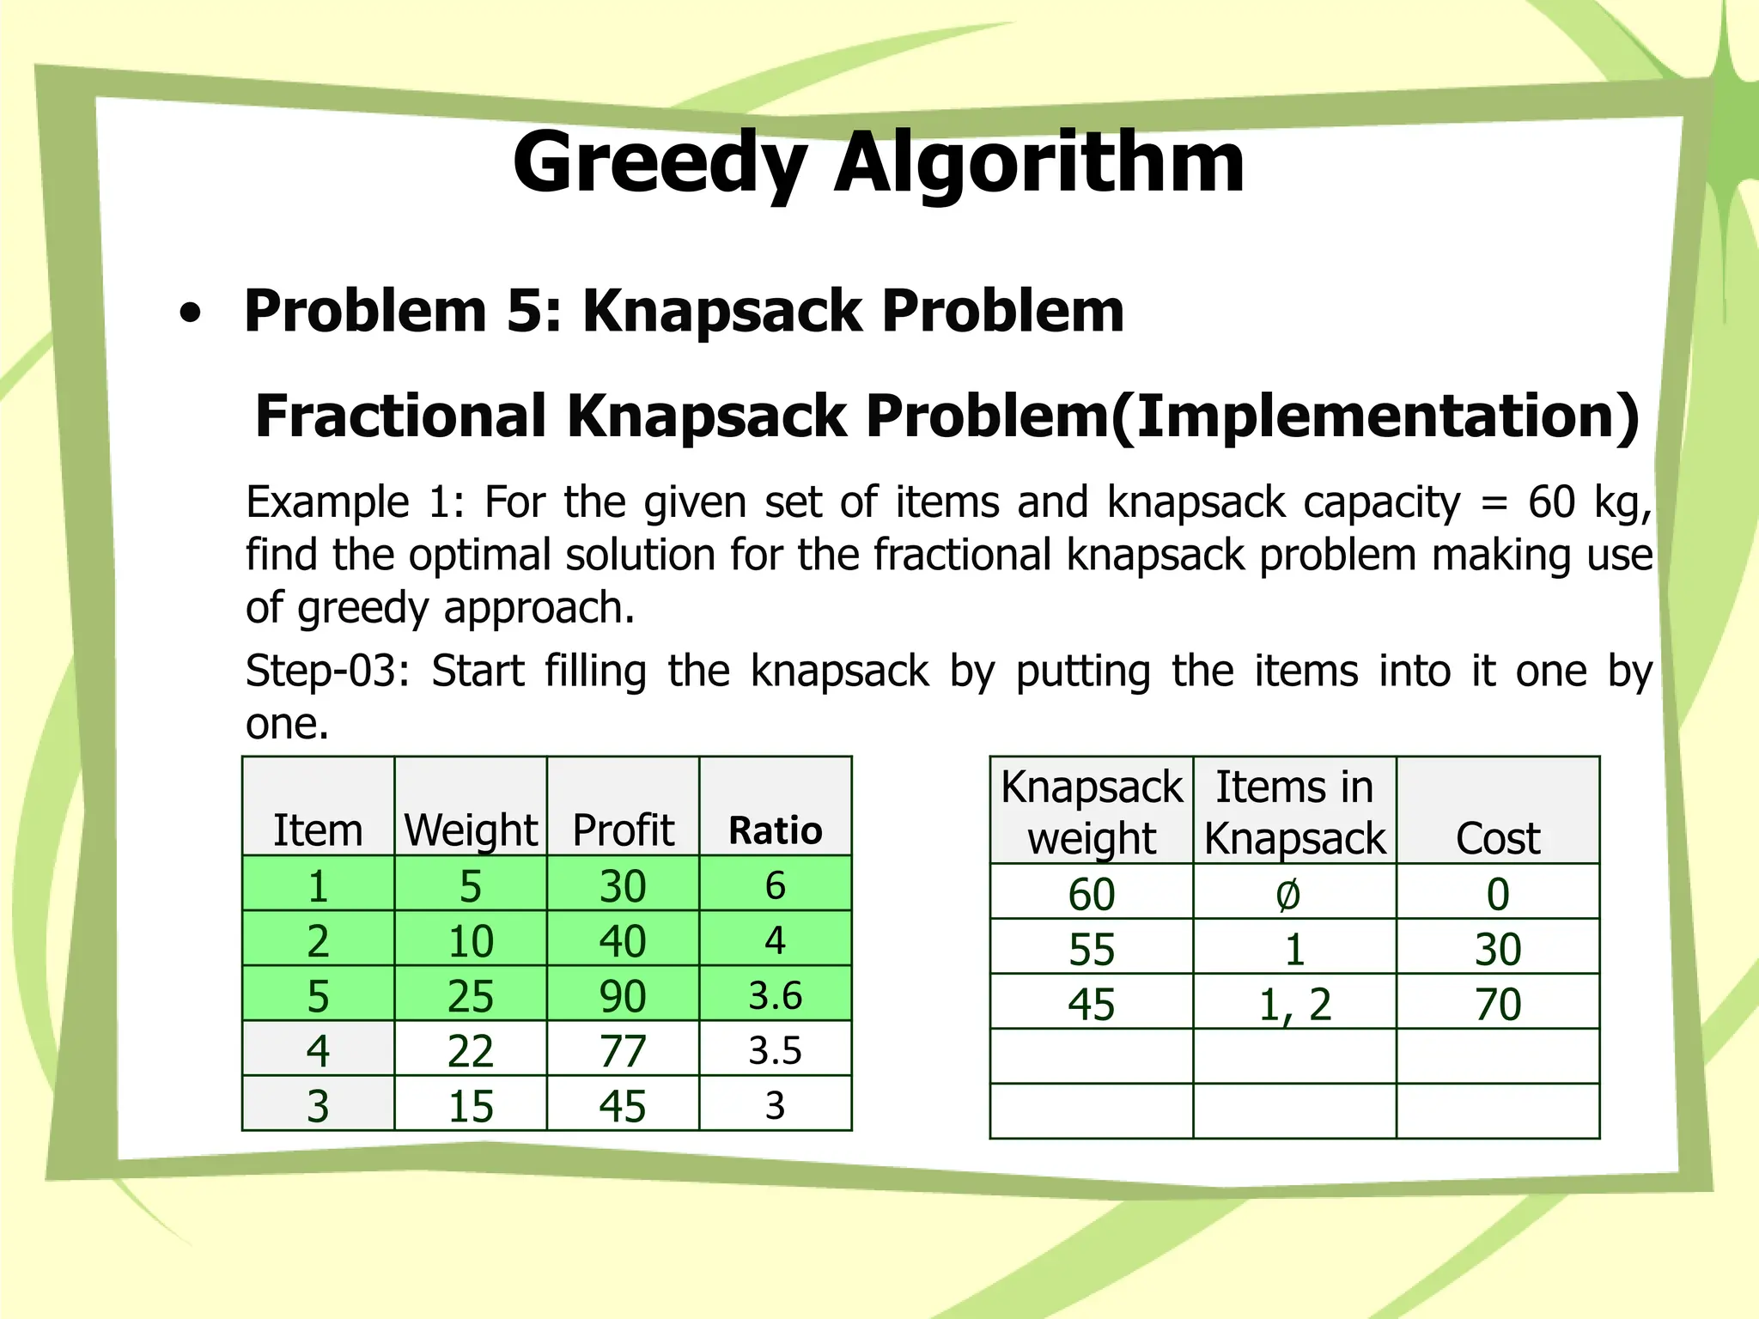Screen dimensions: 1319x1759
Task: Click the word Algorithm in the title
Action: point(1039,163)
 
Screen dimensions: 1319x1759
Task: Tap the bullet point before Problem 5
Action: point(191,314)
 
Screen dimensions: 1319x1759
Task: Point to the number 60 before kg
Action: point(1551,502)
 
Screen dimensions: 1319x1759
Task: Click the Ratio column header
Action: point(775,830)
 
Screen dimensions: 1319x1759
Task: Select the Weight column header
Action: point(471,830)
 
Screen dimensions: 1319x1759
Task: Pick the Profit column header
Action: point(623,830)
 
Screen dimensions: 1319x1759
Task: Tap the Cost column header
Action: point(1498,838)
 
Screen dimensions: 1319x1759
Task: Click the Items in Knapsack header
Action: point(1294,812)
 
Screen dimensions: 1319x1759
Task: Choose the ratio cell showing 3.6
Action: point(775,995)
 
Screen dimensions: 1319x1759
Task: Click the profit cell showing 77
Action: point(623,1050)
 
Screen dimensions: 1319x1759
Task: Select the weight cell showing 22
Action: point(471,1050)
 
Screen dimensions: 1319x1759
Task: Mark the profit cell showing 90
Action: point(623,995)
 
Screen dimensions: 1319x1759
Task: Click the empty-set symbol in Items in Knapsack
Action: point(1287,895)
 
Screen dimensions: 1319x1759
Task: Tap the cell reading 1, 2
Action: point(1294,1004)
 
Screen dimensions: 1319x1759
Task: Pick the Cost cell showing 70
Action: point(1498,1004)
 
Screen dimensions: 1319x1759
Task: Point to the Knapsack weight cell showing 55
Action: point(1092,950)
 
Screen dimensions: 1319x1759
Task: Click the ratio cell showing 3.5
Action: point(775,1050)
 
